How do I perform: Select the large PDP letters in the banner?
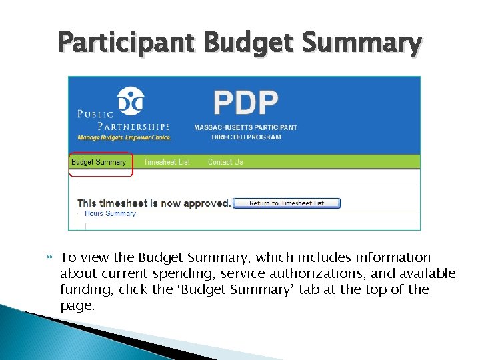pyautogui.click(x=245, y=103)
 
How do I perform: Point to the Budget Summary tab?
pyautogui.click(x=99, y=162)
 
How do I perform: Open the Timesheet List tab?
pyautogui.click(x=167, y=162)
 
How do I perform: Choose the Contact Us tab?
pyautogui.click(x=225, y=162)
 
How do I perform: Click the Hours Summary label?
pyautogui.click(x=110, y=214)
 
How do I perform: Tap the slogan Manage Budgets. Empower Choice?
pyautogui.click(x=125, y=138)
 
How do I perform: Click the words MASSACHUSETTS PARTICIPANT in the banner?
pyautogui.click(x=245, y=127)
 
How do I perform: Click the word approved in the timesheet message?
pyautogui.click(x=207, y=203)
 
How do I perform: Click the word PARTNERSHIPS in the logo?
pyautogui.click(x=134, y=126)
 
